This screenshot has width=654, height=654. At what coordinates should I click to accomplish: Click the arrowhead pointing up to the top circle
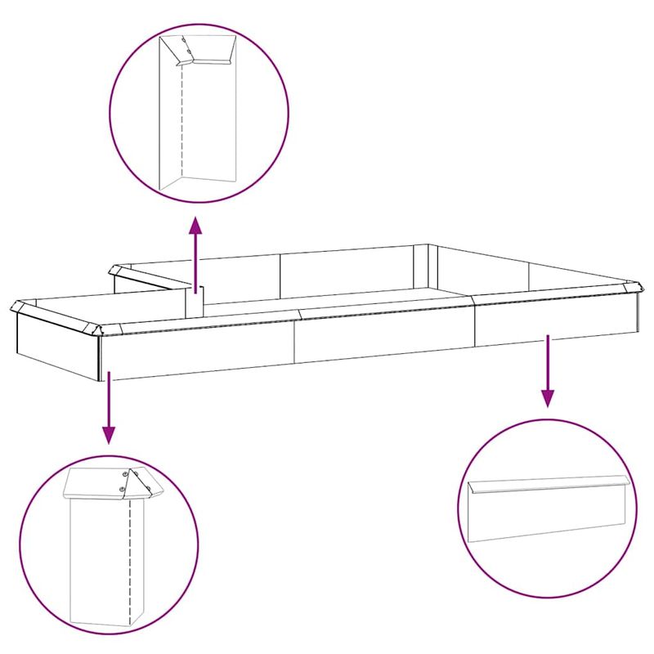195,224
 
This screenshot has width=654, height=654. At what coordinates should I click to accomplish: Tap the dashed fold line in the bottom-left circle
130,556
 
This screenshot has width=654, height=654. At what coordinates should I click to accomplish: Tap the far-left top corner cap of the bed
19,307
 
